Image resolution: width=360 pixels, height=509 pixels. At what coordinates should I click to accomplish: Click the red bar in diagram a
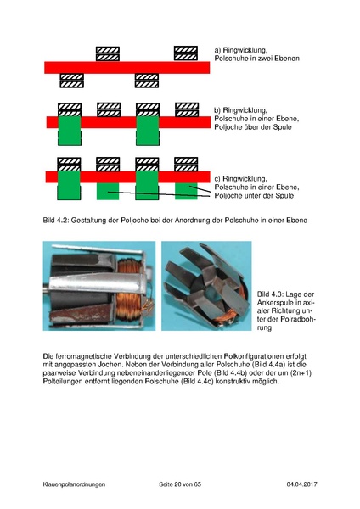click(x=127, y=67)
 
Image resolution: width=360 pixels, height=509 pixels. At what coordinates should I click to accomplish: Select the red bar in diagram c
click(x=127, y=176)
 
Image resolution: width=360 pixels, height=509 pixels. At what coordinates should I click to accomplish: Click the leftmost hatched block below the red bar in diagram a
click(x=71, y=81)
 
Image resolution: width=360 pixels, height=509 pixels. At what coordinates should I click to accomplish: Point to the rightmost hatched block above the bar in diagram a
click(x=186, y=53)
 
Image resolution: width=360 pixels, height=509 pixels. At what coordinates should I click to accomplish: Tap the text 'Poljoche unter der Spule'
click(x=252, y=196)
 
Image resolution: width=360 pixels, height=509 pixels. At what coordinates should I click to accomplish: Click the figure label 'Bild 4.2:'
click(x=58, y=221)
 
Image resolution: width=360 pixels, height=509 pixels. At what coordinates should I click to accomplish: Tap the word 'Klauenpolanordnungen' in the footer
click(x=75, y=484)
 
